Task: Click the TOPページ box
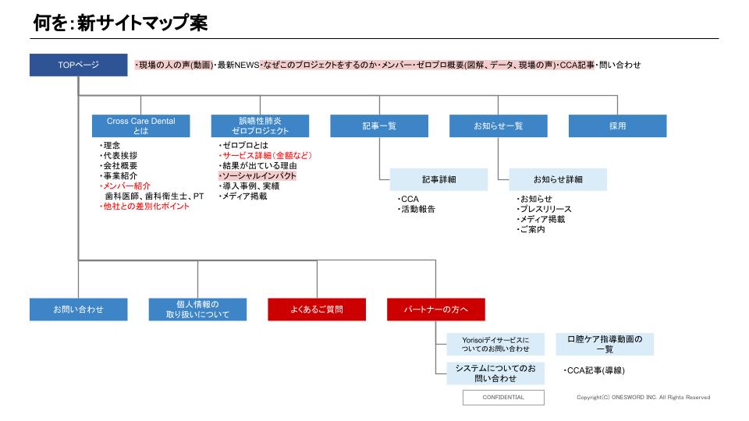coord(78,65)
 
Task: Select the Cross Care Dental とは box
coord(140,126)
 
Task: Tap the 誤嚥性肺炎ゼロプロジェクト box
coord(260,126)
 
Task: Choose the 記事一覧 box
coord(379,126)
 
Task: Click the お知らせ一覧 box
coord(499,126)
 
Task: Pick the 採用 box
coord(617,126)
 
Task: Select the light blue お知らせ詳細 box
coord(558,179)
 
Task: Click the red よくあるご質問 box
coord(317,310)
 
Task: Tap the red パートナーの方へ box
coord(436,310)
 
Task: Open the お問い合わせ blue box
coord(78,310)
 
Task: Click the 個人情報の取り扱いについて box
coord(197,310)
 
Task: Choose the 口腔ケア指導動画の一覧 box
coord(605,344)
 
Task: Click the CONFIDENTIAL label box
coord(503,397)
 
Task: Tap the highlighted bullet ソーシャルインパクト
coord(259,176)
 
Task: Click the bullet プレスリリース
coord(544,209)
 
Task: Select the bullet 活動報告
coord(417,209)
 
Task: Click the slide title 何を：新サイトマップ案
coord(120,23)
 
